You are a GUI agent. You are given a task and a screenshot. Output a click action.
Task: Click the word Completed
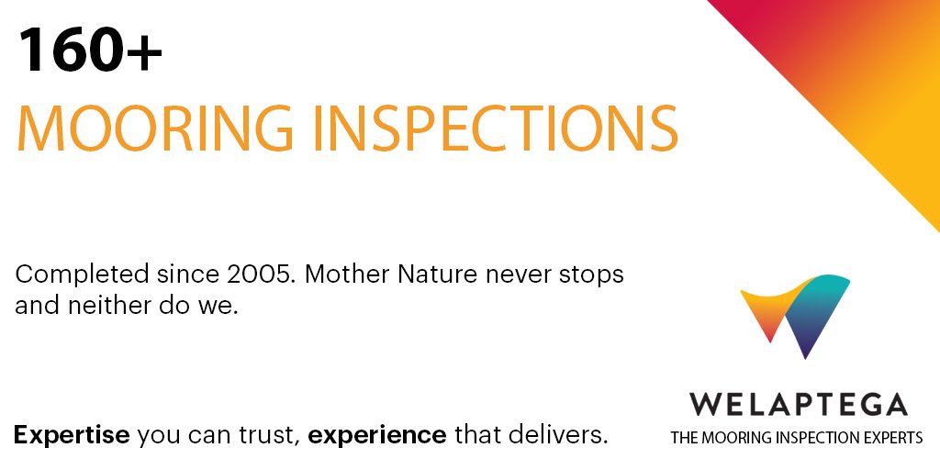click(x=82, y=274)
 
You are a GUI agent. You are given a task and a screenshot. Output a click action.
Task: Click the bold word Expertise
click(x=72, y=434)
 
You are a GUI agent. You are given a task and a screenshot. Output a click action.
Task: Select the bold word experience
click(x=377, y=434)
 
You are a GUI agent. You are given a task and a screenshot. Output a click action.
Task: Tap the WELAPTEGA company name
click(x=797, y=404)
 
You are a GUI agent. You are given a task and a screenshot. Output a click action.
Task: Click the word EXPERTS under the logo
click(x=890, y=438)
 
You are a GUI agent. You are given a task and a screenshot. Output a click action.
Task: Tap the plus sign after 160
click(x=145, y=52)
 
